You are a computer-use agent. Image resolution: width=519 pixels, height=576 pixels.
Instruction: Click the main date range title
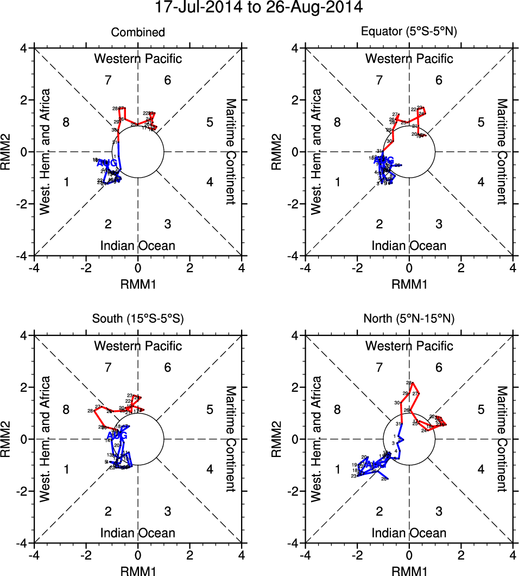click(258, 8)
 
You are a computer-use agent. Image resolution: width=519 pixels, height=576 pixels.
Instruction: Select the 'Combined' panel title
click(138, 33)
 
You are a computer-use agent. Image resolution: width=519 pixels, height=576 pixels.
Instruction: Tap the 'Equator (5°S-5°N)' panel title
click(409, 33)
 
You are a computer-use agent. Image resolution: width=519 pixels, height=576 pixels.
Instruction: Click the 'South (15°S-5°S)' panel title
click(138, 319)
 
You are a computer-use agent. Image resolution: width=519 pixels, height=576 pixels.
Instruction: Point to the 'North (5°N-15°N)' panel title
click(409, 319)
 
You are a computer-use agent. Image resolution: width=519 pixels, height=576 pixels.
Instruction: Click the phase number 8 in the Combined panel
click(66, 122)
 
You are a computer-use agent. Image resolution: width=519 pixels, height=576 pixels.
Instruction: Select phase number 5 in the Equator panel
click(480, 122)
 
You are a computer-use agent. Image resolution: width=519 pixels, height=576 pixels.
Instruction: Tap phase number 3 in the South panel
click(168, 511)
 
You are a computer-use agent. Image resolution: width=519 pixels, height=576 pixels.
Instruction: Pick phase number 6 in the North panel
click(439, 368)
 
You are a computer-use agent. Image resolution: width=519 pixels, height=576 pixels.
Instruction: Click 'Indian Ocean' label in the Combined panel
click(138, 246)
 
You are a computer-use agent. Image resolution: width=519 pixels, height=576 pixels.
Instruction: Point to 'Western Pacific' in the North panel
click(409, 346)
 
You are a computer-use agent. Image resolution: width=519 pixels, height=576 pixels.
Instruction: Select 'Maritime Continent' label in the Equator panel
click(502, 152)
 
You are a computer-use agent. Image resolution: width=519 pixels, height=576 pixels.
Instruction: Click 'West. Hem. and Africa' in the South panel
click(47, 439)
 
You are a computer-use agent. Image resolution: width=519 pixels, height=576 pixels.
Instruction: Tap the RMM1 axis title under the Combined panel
click(138, 283)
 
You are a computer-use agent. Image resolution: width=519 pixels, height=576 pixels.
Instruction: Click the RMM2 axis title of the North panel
click(280, 439)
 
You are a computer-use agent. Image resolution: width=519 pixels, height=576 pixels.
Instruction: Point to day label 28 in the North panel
click(409, 383)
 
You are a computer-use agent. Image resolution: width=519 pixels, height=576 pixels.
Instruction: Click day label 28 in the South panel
click(90, 411)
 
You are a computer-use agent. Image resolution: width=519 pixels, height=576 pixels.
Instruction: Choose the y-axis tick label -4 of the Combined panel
click(25, 255)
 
